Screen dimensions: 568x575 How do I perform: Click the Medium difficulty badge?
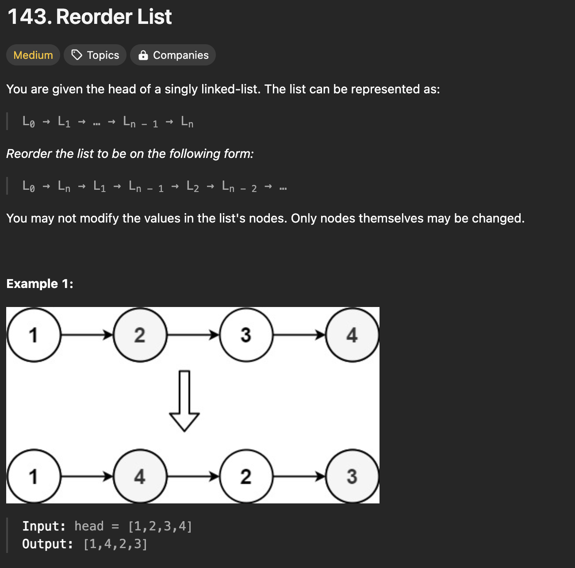[x=33, y=55]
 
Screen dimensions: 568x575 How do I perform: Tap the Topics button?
[x=95, y=55]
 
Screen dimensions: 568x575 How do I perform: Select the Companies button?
[x=173, y=55]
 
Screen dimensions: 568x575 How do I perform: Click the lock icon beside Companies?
[x=143, y=55]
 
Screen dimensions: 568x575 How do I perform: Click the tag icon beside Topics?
[x=77, y=55]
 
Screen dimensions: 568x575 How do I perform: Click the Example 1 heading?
[x=40, y=284]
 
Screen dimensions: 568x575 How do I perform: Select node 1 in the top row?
[x=34, y=335]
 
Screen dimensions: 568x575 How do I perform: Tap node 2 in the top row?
[x=140, y=335]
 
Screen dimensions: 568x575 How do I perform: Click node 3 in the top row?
[x=246, y=335]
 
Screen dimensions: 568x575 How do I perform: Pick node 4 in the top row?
[x=352, y=335]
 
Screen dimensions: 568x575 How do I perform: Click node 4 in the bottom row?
[x=140, y=476]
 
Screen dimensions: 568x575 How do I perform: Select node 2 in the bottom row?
[x=246, y=476]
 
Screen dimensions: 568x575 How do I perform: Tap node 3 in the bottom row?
[x=352, y=476]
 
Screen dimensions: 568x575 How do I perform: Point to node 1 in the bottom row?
[x=34, y=476]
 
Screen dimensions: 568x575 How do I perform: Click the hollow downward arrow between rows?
[x=184, y=400]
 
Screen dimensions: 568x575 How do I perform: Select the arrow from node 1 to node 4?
[x=87, y=476]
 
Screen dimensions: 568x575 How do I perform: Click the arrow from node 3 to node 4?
[x=299, y=335]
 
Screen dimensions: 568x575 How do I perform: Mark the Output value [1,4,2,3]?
[x=115, y=544]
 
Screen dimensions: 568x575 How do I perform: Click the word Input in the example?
[x=44, y=526]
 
